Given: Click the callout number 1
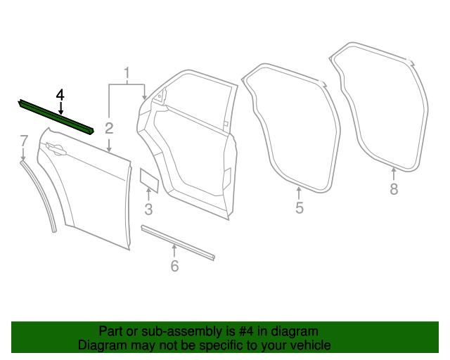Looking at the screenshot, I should click(x=127, y=72).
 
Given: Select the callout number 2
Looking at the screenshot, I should click(x=109, y=127).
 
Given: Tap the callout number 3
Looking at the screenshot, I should click(x=148, y=209).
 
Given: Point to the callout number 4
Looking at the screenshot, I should click(x=60, y=94).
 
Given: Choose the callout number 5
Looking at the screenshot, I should click(x=299, y=208).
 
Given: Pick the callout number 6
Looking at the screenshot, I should click(x=174, y=266).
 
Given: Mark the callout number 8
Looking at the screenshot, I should click(x=394, y=188).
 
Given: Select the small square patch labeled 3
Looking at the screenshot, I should click(x=148, y=179).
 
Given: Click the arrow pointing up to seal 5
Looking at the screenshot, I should click(x=299, y=192).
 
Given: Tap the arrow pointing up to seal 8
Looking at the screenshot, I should click(x=394, y=174).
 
